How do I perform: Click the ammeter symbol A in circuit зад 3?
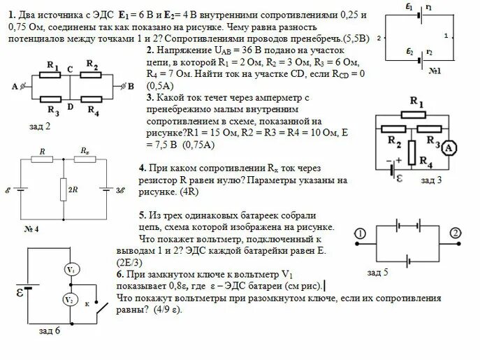[452, 147]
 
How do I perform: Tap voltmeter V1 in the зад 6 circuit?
[70, 269]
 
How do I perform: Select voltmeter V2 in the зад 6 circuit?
[70, 300]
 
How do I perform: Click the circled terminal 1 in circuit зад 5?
[361, 233]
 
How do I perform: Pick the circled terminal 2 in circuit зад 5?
[456, 233]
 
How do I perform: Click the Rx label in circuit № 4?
[85, 150]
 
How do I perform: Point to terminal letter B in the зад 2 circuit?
[131, 85]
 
